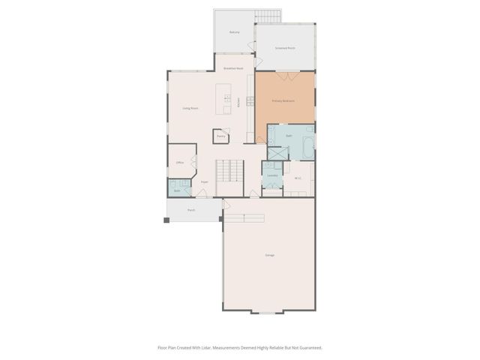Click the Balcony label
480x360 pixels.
pyautogui.click(x=235, y=32)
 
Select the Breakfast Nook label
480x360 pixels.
pyautogui.click(x=234, y=68)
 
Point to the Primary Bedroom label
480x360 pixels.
pyautogui.click(x=283, y=100)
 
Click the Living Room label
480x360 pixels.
pyautogui.click(x=190, y=108)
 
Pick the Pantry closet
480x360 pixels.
pyautogui.click(x=221, y=136)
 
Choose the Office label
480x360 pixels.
pyautogui.click(x=180, y=162)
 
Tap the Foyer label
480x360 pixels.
pyautogui.click(x=204, y=181)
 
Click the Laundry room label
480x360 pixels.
pyautogui.click(x=272, y=175)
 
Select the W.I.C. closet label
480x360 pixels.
pyautogui.click(x=298, y=178)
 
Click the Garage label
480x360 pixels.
pyautogui.click(x=269, y=255)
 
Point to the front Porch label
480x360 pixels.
pyautogui.click(x=191, y=210)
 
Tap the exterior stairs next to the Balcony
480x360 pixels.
pyautogui.click(x=266, y=16)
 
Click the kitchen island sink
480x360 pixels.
pyautogui.click(x=227, y=98)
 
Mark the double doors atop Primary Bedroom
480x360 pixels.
pyautogui.click(x=283, y=75)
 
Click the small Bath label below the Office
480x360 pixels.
pyautogui.click(x=177, y=190)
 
